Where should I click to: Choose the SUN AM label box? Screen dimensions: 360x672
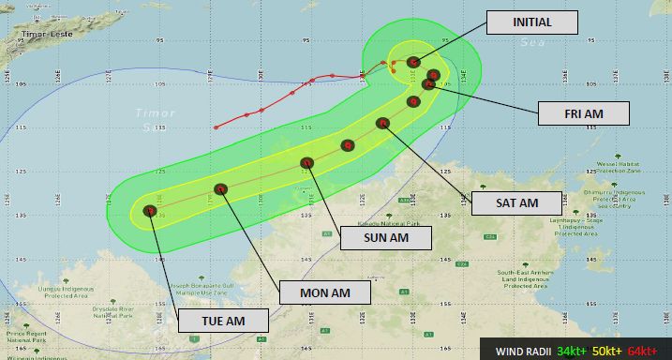pos(384,238)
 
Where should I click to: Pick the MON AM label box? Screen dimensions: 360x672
pos(325,292)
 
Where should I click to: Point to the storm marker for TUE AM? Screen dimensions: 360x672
pos(150,211)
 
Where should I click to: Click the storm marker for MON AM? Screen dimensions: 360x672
pos(221,189)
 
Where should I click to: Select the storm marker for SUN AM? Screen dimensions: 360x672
pos(306,163)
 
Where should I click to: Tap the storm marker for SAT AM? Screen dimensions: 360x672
pos(382,123)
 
